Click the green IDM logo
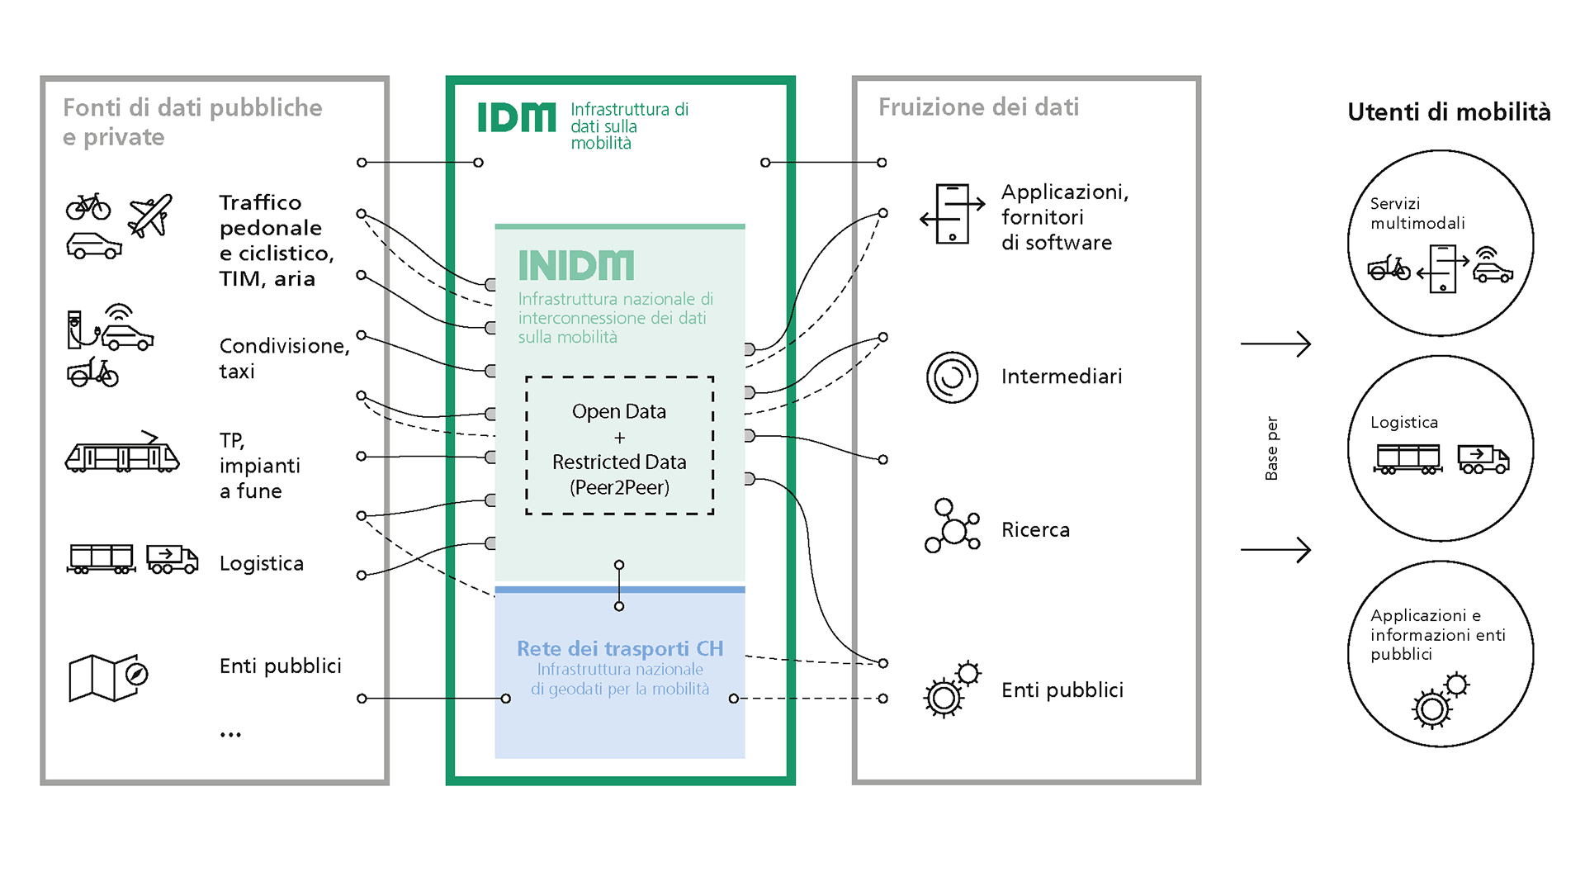[x=517, y=117]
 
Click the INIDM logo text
[x=575, y=266]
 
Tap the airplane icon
[x=150, y=216]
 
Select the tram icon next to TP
[x=122, y=453]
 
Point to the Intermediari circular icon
[x=952, y=377]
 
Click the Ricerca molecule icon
[x=952, y=526]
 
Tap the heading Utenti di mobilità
[x=1448, y=111]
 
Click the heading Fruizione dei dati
[x=978, y=107]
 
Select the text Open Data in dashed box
[x=619, y=411]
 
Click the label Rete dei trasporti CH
[x=619, y=648]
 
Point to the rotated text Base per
[x=1271, y=448]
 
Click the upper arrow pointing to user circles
[x=1275, y=344]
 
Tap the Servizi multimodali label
[x=1417, y=213]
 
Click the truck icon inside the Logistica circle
[x=1483, y=459]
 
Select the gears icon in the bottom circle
[x=1441, y=700]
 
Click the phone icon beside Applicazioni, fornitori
[x=952, y=214]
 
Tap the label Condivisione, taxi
[x=283, y=358]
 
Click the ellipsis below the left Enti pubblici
[x=230, y=734]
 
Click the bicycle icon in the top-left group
[x=88, y=206]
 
